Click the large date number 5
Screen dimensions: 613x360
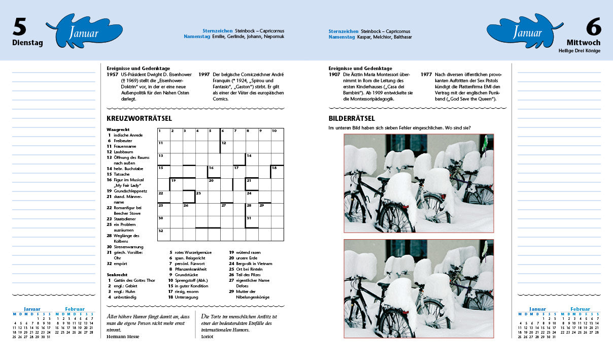[x=19, y=26]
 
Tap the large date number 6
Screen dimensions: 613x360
[x=594, y=26]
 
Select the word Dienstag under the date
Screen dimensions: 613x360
[x=27, y=43]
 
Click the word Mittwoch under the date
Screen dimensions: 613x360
[x=584, y=43]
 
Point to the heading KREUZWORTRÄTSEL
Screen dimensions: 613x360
[x=139, y=118]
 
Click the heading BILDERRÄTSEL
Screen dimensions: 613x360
[x=352, y=118]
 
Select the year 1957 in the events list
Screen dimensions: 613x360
[x=113, y=75]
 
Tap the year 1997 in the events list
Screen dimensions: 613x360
[x=204, y=75]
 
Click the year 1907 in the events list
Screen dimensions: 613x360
[x=334, y=75]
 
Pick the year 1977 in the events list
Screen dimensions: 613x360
[x=426, y=75]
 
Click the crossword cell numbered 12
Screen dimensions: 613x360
[x=227, y=147]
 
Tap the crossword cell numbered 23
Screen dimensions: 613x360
[x=201, y=197]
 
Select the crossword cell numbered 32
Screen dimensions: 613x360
[x=164, y=235]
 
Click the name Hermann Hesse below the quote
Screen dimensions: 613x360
[x=123, y=337]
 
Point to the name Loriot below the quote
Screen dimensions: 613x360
[x=207, y=337]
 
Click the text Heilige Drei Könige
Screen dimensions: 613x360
[x=580, y=51]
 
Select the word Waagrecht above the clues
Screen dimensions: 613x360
[x=118, y=129]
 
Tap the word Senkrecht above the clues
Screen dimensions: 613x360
[x=117, y=275]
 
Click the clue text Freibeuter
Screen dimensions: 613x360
[x=123, y=141]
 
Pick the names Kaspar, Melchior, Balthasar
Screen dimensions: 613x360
[x=385, y=37]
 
